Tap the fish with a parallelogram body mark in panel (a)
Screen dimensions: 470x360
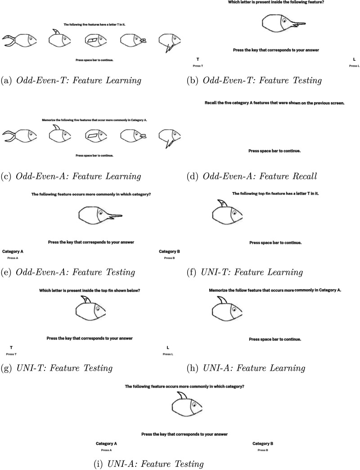[98, 41]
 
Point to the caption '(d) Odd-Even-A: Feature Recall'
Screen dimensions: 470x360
[252, 176]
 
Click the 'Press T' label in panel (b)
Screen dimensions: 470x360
[198, 66]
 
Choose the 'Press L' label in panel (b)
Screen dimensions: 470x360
[354, 66]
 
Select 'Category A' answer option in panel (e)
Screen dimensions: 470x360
[13, 251]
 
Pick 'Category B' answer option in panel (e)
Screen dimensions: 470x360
[169, 251]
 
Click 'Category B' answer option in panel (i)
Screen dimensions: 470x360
[263, 443]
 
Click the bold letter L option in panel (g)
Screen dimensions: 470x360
[168, 347]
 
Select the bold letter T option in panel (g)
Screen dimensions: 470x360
[11, 347]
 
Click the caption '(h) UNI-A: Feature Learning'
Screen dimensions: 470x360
[246, 368]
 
